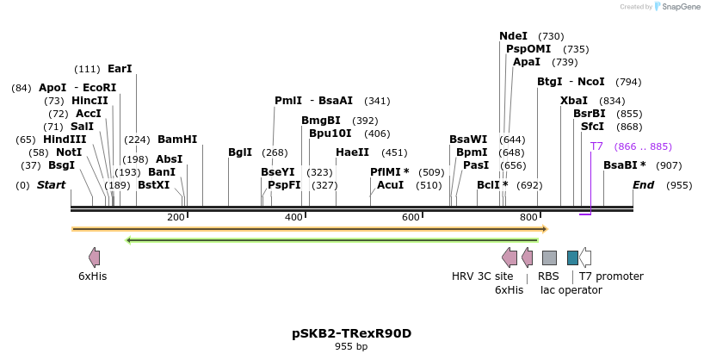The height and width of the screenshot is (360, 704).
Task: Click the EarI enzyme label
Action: (120, 69)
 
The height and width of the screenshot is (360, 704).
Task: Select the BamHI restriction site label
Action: (177, 140)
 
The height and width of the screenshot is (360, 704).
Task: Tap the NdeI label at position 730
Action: (514, 36)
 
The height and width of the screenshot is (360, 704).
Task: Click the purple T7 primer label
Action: (596, 146)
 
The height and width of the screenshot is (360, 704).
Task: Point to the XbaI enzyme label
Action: (574, 101)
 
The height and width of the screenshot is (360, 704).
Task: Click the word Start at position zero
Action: (51, 185)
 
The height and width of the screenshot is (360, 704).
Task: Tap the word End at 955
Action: (643, 185)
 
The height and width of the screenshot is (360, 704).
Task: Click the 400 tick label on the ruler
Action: (293, 218)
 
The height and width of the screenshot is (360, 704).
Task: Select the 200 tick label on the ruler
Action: (176, 218)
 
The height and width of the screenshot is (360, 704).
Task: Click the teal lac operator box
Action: (572, 258)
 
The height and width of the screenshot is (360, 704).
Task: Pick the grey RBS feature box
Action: (549, 258)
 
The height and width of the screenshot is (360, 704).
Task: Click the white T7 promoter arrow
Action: (585, 258)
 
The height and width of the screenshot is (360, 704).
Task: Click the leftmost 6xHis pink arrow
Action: (94, 258)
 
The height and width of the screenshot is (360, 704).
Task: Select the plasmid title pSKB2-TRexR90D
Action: (351, 332)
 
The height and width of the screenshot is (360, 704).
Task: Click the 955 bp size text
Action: (351, 347)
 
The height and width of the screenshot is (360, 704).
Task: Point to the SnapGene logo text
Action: (681, 7)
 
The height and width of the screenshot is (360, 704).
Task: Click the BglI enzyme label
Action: (240, 152)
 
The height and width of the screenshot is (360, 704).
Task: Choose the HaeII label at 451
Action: (352, 152)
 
